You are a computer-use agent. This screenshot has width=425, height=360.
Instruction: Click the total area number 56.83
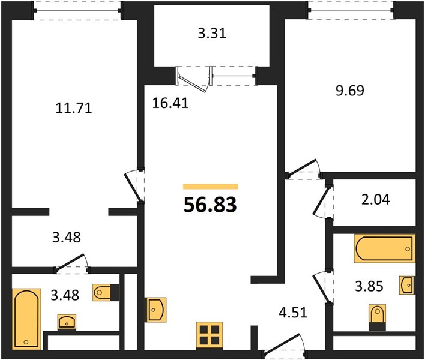coord(210,205)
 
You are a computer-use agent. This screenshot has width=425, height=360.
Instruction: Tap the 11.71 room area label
coord(74,108)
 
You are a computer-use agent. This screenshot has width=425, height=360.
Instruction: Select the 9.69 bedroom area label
coord(349,91)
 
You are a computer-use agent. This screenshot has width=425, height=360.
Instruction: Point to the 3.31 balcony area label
coord(212,34)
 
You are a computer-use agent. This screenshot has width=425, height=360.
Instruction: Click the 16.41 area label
coord(170,103)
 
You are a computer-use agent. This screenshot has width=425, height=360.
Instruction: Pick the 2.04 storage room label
coord(376,200)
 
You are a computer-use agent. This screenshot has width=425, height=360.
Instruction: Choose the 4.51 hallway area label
coord(293,313)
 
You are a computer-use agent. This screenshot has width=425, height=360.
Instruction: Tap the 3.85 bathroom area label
coord(369,286)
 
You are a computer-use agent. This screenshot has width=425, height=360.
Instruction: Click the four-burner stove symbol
coord(209,335)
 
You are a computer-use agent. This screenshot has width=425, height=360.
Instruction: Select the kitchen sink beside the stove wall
coord(157,310)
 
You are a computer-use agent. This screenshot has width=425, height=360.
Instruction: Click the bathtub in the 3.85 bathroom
coord(384,248)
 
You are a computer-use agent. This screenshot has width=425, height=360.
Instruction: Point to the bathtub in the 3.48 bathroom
coord(26,319)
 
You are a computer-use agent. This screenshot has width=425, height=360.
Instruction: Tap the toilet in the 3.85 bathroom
coord(378,317)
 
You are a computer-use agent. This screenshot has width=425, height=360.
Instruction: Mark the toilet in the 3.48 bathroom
coord(106,292)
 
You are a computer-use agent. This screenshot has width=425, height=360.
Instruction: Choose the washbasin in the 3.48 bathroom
coord(67,322)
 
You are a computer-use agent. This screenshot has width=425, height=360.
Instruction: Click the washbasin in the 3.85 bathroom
coord(407,285)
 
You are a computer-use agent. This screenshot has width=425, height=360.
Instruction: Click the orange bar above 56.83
coord(211,187)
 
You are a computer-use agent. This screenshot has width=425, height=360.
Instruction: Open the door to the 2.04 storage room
coord(322,202)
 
